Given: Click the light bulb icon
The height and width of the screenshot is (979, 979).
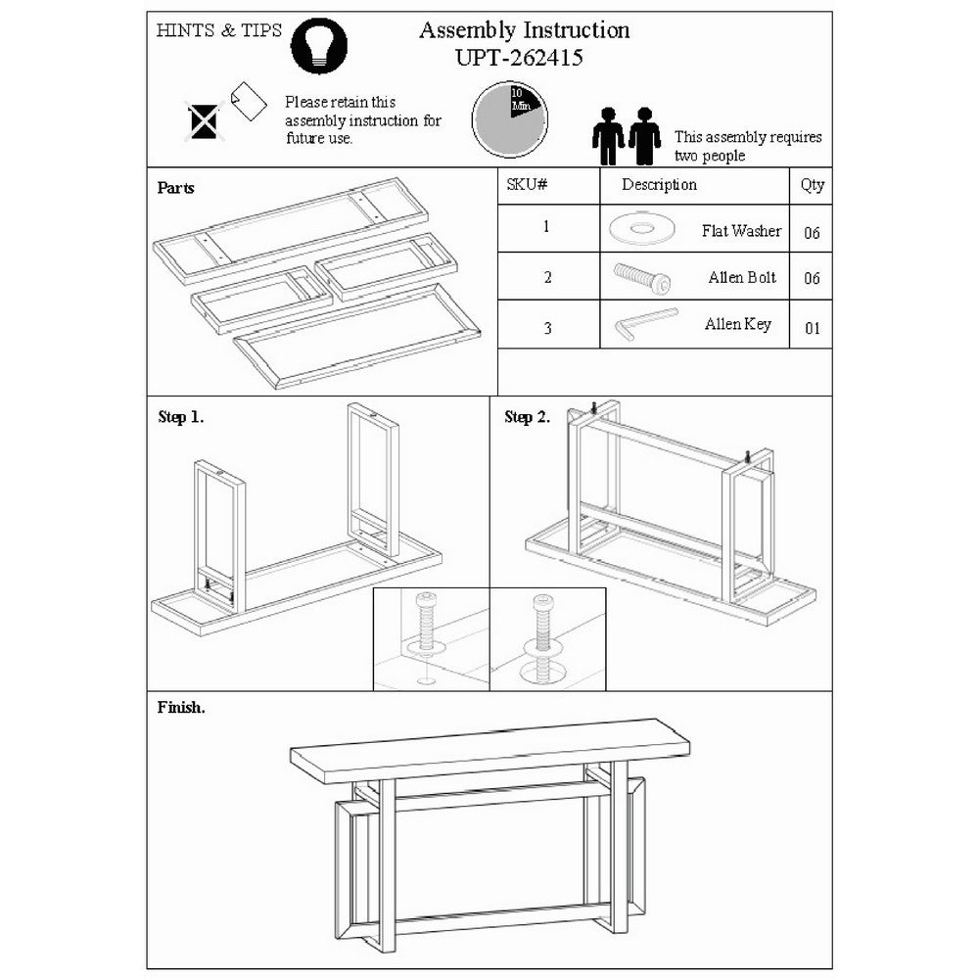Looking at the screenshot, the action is point(319,46).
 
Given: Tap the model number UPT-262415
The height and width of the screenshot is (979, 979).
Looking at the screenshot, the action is point(519,58).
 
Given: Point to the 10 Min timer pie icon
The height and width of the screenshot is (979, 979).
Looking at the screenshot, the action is point(509,119).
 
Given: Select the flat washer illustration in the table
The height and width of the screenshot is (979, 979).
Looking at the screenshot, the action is point(641,229).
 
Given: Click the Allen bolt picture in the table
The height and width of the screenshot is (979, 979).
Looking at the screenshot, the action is point(642,278).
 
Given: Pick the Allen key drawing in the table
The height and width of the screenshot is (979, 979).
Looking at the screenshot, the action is point(645,323).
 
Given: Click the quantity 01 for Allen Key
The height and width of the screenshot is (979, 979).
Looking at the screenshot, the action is point(812,328).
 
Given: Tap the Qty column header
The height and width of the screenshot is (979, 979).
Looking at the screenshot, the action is point(813,185).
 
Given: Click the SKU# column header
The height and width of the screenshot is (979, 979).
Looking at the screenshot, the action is point(527,184).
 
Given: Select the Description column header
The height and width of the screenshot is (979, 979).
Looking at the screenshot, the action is point(659,185).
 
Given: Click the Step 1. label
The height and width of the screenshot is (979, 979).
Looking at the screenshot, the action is point(180,417).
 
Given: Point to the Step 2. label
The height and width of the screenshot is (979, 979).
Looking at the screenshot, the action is point(527,417).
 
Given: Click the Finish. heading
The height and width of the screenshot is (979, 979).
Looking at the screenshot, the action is point(181,708).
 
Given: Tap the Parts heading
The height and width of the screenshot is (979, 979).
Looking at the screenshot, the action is point(175,188).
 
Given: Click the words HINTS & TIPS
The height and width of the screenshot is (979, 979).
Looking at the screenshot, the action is point(218,30).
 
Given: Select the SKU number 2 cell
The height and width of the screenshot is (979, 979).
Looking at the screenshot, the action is point(547,277).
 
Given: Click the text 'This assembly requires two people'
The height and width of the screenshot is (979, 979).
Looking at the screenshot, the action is point(747,146).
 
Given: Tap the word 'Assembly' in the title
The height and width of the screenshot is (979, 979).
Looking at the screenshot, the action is point(468,30).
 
